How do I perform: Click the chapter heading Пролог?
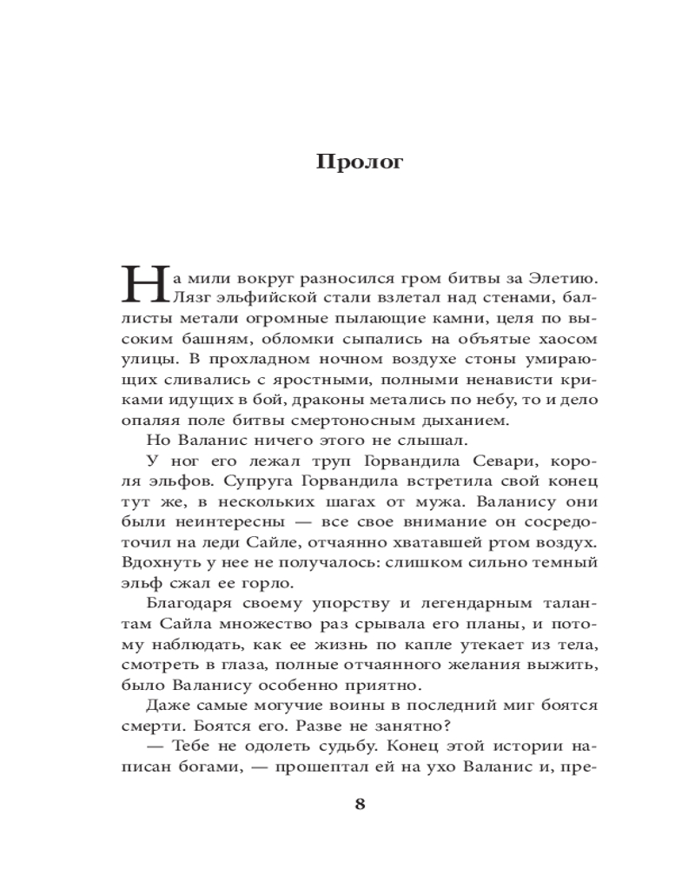[359, 162]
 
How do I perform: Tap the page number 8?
[360, 803]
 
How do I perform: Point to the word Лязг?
[194, 298]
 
